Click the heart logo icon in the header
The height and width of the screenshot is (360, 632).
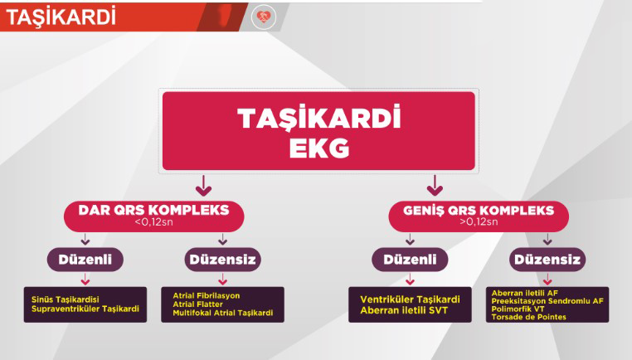click(264, 17)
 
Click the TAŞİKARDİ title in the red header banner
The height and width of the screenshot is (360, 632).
click(61, 17)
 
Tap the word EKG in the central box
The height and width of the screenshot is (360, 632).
click(318, 148)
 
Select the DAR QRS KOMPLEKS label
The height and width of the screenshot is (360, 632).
click(153, 210)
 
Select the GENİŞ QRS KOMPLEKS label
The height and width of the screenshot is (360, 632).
click(479, 210)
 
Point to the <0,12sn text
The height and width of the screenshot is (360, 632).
click(153, 221)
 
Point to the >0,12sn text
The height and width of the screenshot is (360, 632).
click(479, 221)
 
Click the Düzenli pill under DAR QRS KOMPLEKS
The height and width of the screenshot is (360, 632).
click(85, 259)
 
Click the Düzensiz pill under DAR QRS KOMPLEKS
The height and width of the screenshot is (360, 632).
click(222, 259)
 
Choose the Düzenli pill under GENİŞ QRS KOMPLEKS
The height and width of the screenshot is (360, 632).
click(410, 259)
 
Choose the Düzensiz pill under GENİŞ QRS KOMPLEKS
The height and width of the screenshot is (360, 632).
click(547, 259)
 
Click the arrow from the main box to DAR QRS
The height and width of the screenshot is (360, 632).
click(203, 186)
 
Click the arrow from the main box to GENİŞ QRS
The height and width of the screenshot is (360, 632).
click(435, 186)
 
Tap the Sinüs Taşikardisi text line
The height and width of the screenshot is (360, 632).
click(66, 299)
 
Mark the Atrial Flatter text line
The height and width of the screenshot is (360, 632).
click(197, 304)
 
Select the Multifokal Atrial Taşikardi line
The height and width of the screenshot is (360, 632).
click(223, 313)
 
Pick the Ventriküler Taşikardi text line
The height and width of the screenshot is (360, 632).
click(410, 299)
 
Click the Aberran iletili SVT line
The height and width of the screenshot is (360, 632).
click(404, 310)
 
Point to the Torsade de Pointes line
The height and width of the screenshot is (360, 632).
click(529, 317)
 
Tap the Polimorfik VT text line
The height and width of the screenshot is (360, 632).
click(518, 309)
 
